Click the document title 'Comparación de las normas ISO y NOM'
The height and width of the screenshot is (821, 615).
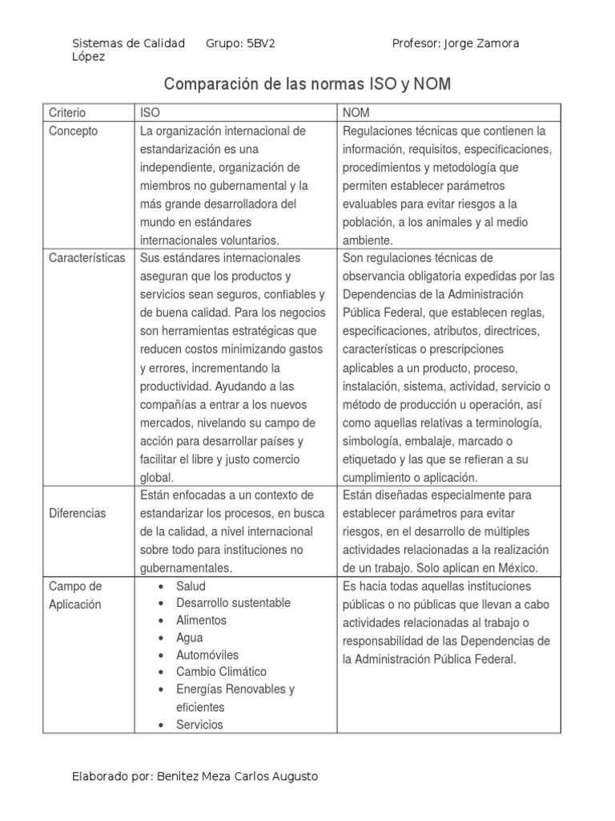[307, 84]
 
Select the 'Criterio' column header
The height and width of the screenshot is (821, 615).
[67, 113]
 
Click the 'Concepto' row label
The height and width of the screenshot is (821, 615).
[73, 131]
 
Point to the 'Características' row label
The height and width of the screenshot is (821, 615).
[87, 258]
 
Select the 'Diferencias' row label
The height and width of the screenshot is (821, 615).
[78, 512]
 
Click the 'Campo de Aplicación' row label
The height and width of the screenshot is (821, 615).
[75, 595]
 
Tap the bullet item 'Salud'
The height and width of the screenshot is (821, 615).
[191, 585]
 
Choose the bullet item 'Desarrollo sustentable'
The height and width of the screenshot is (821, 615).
[233, 603]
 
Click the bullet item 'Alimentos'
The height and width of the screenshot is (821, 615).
[201, 621]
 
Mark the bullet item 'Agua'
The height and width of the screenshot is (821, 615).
[190, 638]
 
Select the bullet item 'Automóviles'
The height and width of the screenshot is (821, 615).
[207, 655]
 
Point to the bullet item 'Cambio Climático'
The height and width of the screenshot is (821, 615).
[221, 672]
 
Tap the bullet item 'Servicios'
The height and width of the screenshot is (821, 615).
[199, 725]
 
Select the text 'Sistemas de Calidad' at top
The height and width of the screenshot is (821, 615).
[128, 43]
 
